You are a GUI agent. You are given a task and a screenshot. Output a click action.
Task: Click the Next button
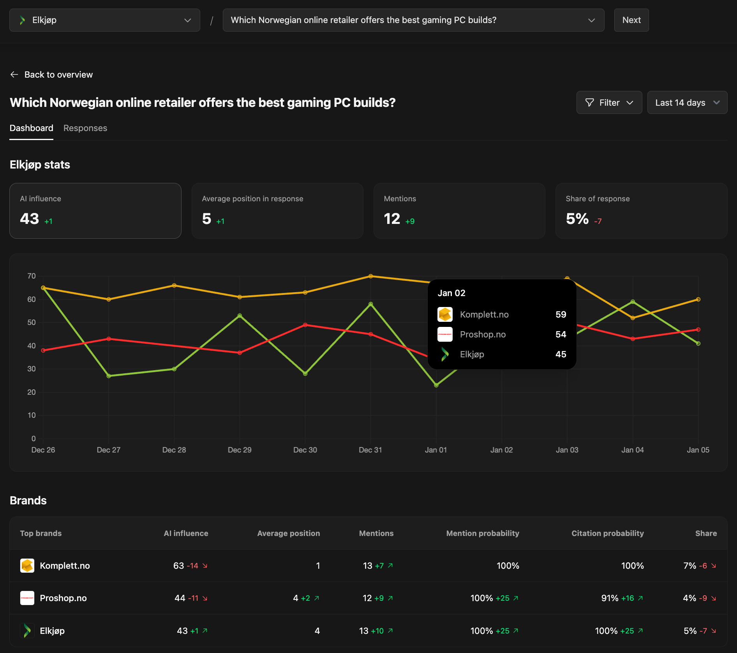click(x=631, y=20)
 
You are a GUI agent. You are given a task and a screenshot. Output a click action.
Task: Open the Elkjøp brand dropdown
click(x=104, y=20)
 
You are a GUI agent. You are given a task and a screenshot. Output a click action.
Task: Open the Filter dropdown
click(x=609, y=103)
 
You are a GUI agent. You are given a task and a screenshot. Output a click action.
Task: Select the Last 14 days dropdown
click(x=687, y=103)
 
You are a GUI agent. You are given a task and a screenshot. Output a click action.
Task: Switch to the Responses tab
click(x=85, y=128)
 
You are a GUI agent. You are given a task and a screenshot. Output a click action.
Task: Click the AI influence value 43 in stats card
click(x=30, y=219)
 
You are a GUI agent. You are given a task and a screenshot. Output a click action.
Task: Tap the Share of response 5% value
click(x=577, y=219)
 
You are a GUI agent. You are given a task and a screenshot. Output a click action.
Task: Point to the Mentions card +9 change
click(x=410, y=221)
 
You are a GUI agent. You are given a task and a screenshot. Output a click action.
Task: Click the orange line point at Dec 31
click(x=370, y=276)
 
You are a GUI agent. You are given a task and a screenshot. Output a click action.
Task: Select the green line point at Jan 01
click(x=436, y=385)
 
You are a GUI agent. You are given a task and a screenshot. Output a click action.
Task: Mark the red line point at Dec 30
click(x=305, y=325)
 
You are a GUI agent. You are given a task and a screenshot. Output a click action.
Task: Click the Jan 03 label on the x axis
click(x=567, y=450)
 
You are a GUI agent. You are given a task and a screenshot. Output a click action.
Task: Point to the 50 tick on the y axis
click(x=32, y=322)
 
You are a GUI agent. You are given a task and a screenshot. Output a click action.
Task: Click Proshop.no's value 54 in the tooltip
click(x=561, y=334)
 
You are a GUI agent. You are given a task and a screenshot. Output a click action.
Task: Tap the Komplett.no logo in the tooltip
click(x=445, y=314)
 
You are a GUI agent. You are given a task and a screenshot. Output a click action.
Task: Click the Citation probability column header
click(x=607, y=533)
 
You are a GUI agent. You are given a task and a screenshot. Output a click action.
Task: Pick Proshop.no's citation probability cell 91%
click(x=610, y=598)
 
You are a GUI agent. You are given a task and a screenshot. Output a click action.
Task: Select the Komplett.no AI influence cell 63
click(x=178, y=566)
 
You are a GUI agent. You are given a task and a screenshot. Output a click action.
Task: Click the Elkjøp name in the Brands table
click(x=52, y=631)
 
